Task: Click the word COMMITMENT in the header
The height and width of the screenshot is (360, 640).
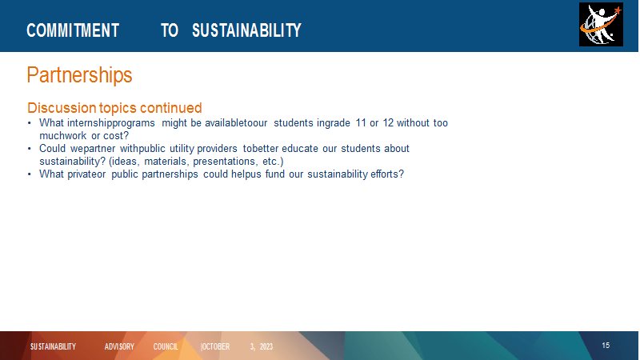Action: [73, 30]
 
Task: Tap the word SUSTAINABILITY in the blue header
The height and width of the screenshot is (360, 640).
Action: [246, 30]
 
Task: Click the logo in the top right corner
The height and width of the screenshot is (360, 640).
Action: [601, 25]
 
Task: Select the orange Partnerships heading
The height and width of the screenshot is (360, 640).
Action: [79, 75]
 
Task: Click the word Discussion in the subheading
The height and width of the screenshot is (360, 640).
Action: [62, 108]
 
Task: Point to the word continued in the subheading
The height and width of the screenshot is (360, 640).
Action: [170, 108]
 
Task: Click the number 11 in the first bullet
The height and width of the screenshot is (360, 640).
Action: [361, 123]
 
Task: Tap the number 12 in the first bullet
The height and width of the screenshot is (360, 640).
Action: [388, 123]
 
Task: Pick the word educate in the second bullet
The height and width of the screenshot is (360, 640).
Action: [299, 149]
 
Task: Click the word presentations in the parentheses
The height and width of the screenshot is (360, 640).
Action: [225, 162]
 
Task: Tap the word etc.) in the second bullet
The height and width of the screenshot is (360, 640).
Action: [273, 162]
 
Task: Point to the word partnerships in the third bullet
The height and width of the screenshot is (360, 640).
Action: [170, 174]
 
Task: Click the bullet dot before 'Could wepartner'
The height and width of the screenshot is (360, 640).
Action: [30, 149]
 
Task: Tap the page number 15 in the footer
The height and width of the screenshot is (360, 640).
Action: [606, 346]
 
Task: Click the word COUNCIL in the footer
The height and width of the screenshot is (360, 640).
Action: [166, 346]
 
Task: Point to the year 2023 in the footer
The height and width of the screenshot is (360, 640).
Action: [266, 346]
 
